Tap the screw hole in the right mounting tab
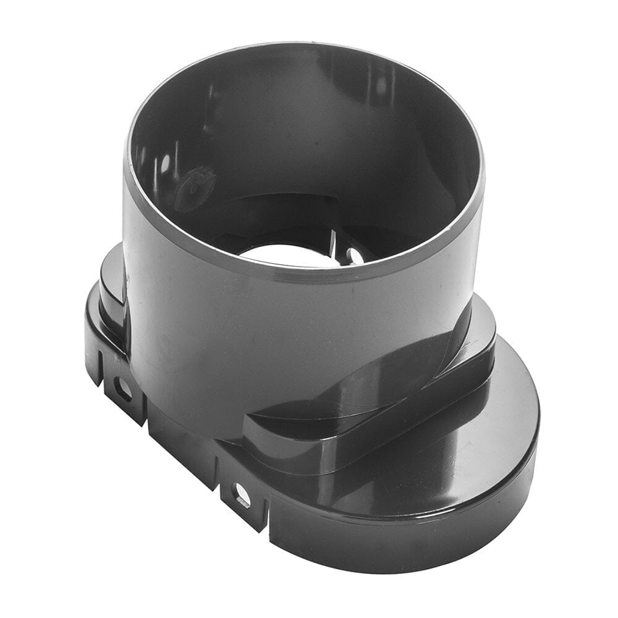(x=241, y=495)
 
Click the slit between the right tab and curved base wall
(x=269, y=516)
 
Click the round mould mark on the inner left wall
(x=194, y=186)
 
